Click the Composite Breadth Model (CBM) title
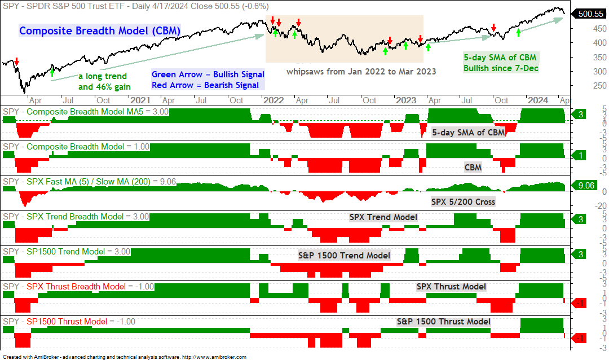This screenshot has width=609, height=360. [x=100, y=30]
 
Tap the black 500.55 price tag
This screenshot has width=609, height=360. [x=590, y=14]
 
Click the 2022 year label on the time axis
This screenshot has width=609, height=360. [x=273, y=100]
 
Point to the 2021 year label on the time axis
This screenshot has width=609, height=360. [x=140, y=100]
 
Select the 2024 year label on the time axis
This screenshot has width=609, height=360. [x=538, y=100]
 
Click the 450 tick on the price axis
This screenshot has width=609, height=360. [x=599, y=29]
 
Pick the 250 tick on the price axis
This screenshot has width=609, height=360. [x=599, y=86]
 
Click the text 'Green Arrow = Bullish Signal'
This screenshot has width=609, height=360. [x=208, y=74]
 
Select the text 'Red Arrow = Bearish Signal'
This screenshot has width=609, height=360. [x=205, y=85]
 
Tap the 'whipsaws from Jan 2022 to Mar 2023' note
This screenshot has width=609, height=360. [x=361, y=72]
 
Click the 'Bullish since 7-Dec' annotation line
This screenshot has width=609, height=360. [x=501, y=68]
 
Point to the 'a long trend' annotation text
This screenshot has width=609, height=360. [x=103, y=76]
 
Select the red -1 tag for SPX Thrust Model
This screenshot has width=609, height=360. [x=579, y=303]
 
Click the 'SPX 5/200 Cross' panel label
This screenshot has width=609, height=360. [x=463, y=202]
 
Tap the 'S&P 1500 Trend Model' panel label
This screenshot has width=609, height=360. [x=344, y=256]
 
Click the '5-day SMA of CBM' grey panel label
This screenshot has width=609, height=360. [x=469, y=133]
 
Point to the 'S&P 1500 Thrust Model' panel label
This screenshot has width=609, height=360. [x=444, y=322]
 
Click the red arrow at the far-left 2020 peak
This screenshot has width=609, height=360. [x=17, y=62]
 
